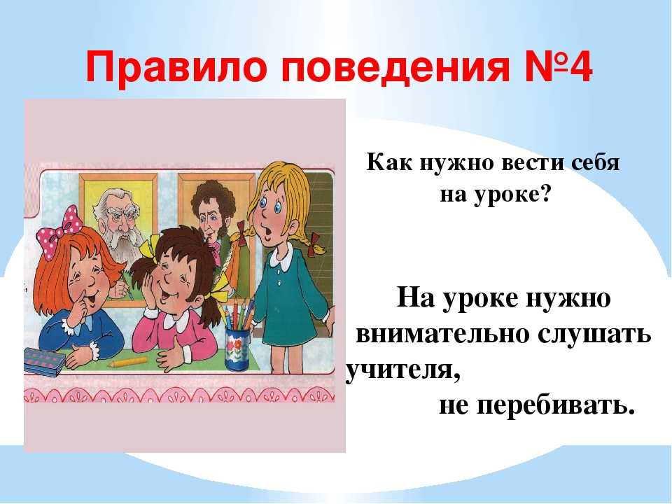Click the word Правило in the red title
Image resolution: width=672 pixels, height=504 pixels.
point(178,68)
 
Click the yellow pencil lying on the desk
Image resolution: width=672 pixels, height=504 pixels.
point(128,363)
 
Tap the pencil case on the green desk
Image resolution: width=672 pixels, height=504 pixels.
point(43,361)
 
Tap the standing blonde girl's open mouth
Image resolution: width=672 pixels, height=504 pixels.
point(268,231)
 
